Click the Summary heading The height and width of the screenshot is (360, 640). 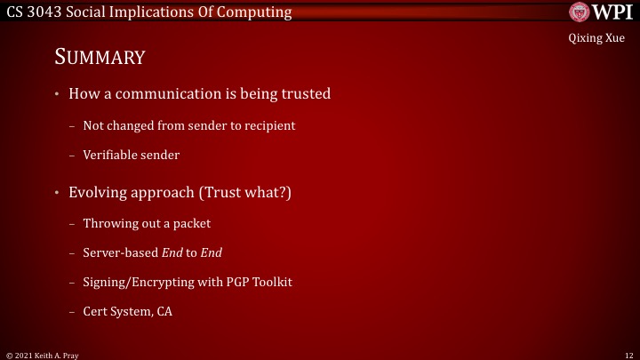point(100,59)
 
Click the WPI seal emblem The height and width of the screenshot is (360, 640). point(579,12)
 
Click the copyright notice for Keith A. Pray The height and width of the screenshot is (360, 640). point(43,354)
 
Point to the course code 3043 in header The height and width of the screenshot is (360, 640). point(44,12)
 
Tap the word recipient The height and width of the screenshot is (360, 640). point(269,126)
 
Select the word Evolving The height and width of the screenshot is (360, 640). point(98,192)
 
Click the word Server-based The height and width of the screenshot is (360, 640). point(120,253)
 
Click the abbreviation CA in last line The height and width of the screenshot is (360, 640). point(164,312)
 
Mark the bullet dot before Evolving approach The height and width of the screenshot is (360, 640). point(56,192)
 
